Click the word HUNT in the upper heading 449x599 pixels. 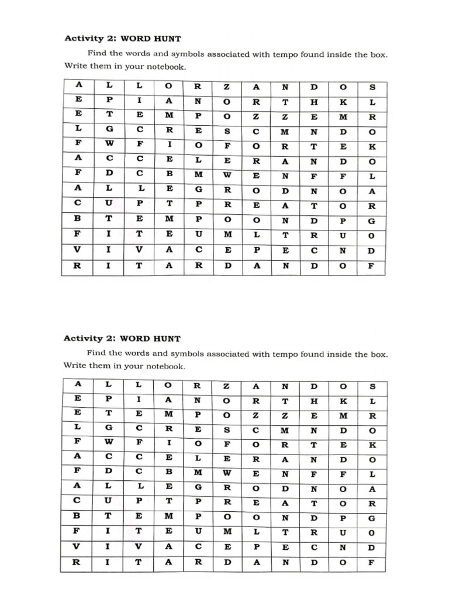coord(167,39)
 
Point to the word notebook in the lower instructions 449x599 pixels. coord(164,366)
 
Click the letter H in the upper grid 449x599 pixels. coord(315,101)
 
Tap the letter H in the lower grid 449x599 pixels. coord(315,401)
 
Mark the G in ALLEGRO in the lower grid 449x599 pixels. coord(198,489)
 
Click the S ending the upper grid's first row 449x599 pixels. coord(372,87)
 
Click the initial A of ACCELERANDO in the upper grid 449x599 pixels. coord(78,160)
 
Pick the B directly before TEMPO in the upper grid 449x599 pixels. coord(78,221)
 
